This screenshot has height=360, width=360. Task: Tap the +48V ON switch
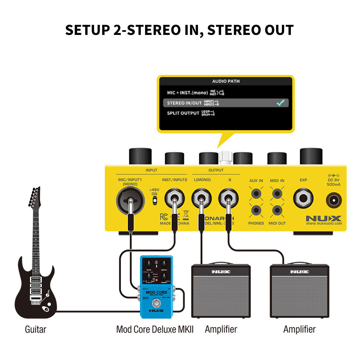click(x=154, y=201)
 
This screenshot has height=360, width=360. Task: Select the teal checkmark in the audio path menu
click(x=280, y=103)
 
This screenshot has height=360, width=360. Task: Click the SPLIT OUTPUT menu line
click(x=183, y=113)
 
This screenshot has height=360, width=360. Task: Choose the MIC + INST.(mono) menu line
click(x=187, y=93)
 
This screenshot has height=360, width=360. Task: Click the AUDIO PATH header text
click(x=226, y=81)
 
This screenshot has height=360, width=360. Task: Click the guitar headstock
click(x=35, y=196)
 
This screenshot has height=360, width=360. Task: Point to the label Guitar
click(x=36, y=329)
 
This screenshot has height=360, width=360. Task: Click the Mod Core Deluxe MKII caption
click(x=155, y=329)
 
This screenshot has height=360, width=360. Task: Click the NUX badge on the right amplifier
click(x=300, y=272)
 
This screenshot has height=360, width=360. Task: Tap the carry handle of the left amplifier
click(x=220, y=263)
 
